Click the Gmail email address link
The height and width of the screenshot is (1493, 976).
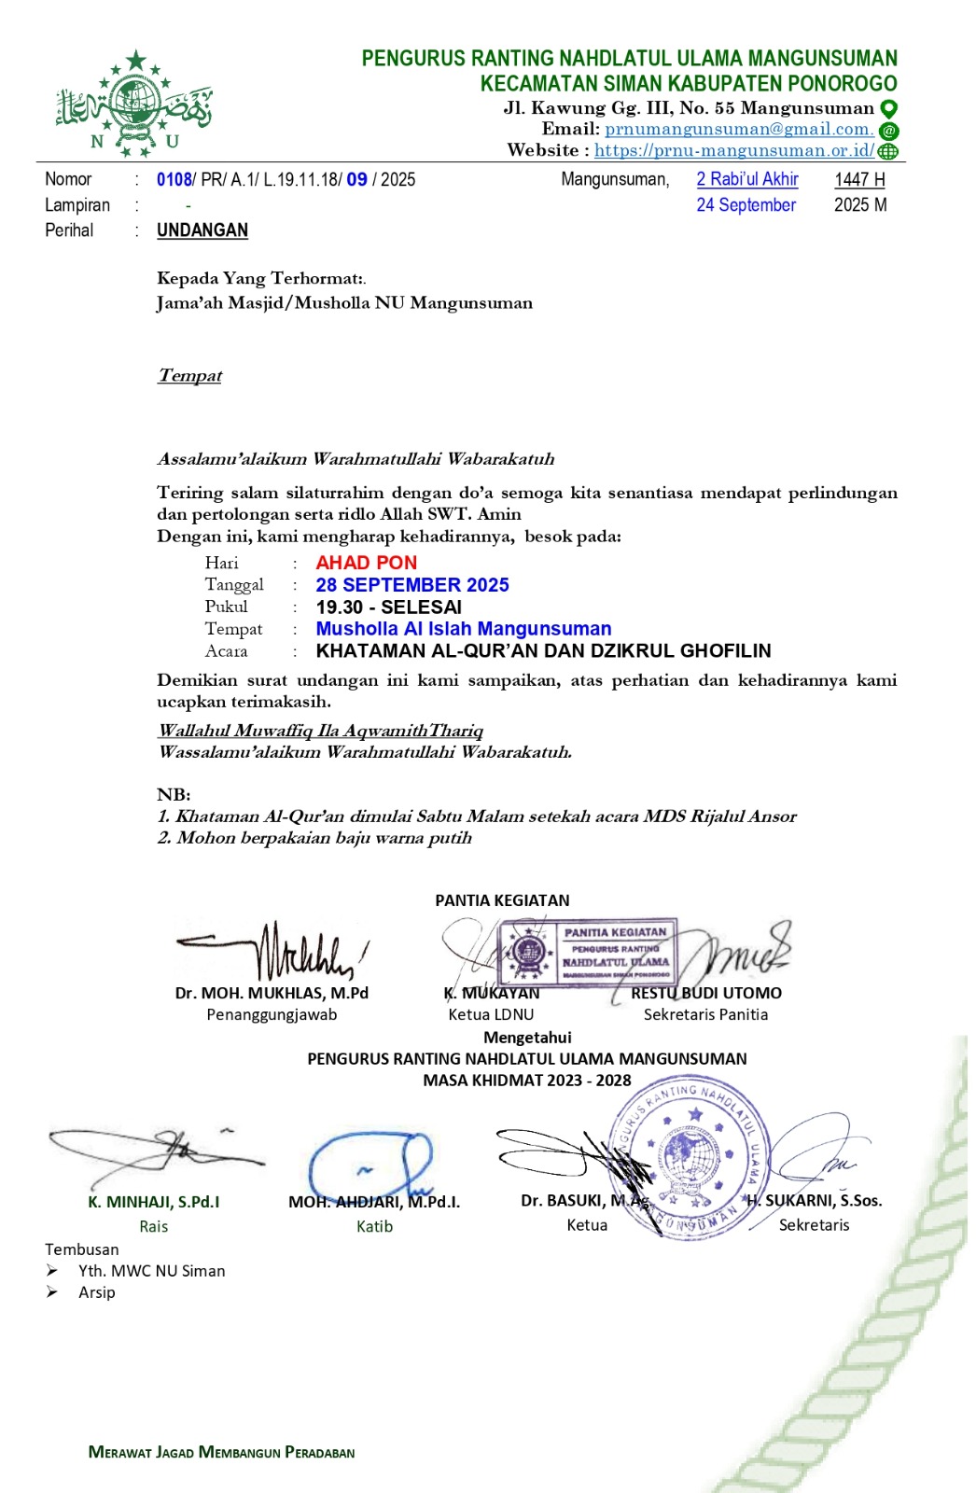[x=738, y=130]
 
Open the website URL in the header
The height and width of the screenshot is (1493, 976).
[x=734, y=151]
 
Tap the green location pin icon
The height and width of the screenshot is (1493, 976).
[x=889, y=109]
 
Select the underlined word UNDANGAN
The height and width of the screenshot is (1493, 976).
[x=202, y=230]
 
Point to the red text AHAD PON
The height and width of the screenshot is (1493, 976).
[x=366, y=563]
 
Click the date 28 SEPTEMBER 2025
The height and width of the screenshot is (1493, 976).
[x=412, y=585]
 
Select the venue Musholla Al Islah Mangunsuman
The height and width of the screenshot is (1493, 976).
[x=464, y=629]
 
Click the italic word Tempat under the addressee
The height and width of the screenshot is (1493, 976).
[x=189, y=376]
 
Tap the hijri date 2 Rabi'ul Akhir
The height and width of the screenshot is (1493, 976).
[x=747, y=179]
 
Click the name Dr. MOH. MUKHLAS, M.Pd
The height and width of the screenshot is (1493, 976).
[x=272, y=993]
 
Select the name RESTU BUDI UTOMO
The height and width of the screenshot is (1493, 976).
[x=706, y=993]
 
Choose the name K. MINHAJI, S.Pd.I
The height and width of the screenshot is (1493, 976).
[x=154, y=1202]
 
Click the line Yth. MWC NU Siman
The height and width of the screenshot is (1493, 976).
[x=151, y=1271]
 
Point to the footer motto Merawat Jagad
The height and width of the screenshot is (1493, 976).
[x=221, y=1452]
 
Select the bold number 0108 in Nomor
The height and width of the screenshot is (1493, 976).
[x=174, y=180]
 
